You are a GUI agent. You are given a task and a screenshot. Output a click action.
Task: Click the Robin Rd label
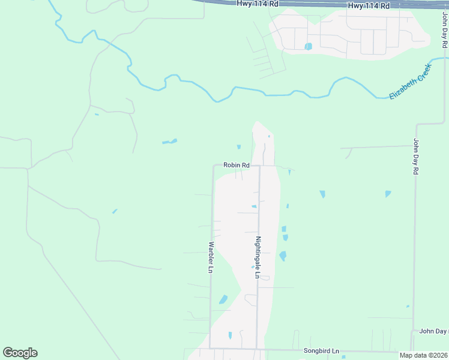click(x=236, y=165)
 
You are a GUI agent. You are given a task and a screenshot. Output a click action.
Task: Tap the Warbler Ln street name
click(x=211, y=257)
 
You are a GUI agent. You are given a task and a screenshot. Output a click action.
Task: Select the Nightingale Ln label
click(x=258, y=257)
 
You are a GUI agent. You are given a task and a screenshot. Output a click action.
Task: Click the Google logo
click(x=20, y=353)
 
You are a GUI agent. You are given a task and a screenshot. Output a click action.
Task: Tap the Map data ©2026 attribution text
click(x=423, y=355)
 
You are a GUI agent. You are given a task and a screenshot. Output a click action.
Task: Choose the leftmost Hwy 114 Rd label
click(x=257, y=4)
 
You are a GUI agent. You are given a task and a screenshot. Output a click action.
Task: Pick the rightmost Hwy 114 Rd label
click(x=369, y=5)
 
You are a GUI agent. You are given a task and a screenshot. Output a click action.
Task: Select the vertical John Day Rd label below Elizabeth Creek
click(x=415, y=156)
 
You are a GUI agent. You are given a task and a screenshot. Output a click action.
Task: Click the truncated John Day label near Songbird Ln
click(x=433, y=331)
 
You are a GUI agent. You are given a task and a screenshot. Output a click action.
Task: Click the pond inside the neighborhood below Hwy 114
click(x=308, y=46)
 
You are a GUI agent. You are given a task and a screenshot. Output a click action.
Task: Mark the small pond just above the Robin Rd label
click(x=239, y=147)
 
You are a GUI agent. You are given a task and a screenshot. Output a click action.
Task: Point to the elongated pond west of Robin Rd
click(x=170, y=142)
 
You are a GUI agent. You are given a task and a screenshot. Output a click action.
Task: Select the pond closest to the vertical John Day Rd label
click(x=388, y=194)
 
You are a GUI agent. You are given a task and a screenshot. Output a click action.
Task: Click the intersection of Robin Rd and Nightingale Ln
click(x=259, y=166)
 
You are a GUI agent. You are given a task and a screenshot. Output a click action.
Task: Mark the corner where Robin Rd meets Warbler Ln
click(x=214, y=166)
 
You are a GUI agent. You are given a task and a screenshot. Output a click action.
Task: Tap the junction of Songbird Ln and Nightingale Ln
click(x=257, y=349)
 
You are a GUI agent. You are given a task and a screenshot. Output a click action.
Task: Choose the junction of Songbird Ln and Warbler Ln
click(x=209, y=348)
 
